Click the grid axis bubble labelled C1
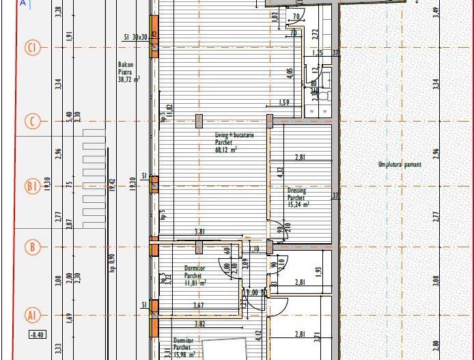pyautogui.click(x=32, y=48)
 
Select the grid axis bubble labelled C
pyautogui.click(x=32, y=122)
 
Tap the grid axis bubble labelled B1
pyautogui.click(x=32, y=186)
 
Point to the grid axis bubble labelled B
pyautogui.click(x=32, y=247)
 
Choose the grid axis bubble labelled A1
pyautogui.click(x=32, y=315)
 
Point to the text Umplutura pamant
pyautogui.click(x=400, y=165)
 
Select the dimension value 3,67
pyautogui.click(x=199, y=305)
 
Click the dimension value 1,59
pyautogui.click(x=284, y=103)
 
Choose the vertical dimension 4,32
pyautogui.click(x=279, y=172)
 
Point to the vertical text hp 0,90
pyautogui.click(x=111, y=264)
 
